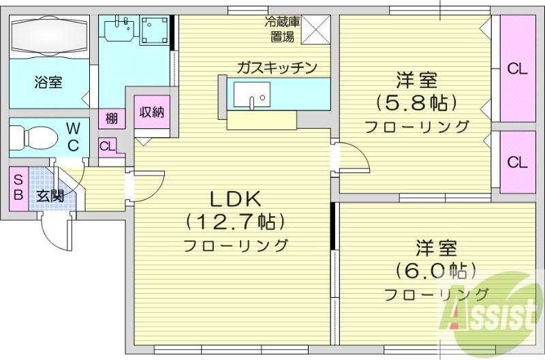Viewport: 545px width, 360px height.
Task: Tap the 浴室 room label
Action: (x=48, y=82)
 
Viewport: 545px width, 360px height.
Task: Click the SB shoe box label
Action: (x=18, y=185)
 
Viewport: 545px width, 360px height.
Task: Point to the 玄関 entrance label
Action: (x=50, y=196)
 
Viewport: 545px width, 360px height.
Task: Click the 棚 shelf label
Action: (x=112, y=118)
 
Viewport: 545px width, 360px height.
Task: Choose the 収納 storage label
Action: (x=151, y=112)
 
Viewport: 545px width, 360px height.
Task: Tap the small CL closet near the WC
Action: (x=108, y=146)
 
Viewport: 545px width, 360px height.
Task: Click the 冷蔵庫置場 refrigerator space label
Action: (x=280, y=28)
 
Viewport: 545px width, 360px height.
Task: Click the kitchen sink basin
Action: (x=252, y=95)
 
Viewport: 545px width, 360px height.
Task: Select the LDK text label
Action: (x=234, y=200)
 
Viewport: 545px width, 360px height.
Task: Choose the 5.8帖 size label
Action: (x=415, y=103)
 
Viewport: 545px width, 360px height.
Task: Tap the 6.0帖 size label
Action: (x=437, y=270)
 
